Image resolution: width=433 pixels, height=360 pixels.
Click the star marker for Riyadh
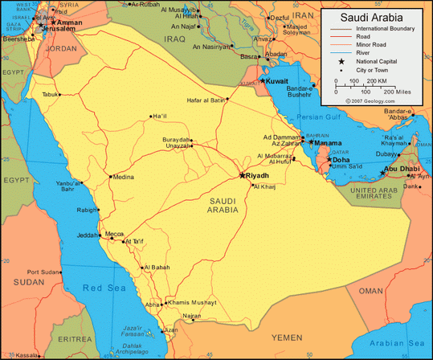[x=243, y=174]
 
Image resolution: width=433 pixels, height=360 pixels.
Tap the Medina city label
[x=123, y=177]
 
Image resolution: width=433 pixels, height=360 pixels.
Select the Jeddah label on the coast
[x=88, y=235]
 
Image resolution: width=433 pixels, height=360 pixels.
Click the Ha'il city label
[x=160, y=116]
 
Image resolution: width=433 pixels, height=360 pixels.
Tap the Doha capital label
[x=341, y=160]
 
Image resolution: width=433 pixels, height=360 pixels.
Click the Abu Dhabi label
[x=402, y=169]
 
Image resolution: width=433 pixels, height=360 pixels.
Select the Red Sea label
[x=105, y=288]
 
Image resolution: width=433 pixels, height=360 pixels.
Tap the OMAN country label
[x=371, y=290]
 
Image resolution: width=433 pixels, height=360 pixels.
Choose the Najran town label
[x=191, y=316]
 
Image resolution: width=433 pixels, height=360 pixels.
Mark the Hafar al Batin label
[x=204, y=100]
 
